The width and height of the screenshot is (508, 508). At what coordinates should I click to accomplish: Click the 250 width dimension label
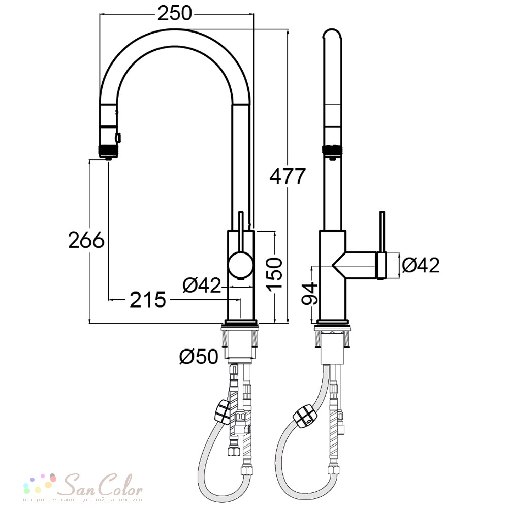click(175, 14)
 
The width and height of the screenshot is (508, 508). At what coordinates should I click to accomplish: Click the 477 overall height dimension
click(288, 177)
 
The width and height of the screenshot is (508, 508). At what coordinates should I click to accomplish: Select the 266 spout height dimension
click(86, 240)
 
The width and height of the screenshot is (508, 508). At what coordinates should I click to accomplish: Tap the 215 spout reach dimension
click(148, 300)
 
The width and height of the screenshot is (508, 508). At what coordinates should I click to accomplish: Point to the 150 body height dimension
click(274, 273)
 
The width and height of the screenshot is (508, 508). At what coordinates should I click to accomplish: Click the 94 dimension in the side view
click(309, 294)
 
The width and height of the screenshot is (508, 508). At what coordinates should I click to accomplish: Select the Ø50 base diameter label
click(199, 357)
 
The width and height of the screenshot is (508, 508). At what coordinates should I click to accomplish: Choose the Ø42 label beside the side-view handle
click(421, 265)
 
